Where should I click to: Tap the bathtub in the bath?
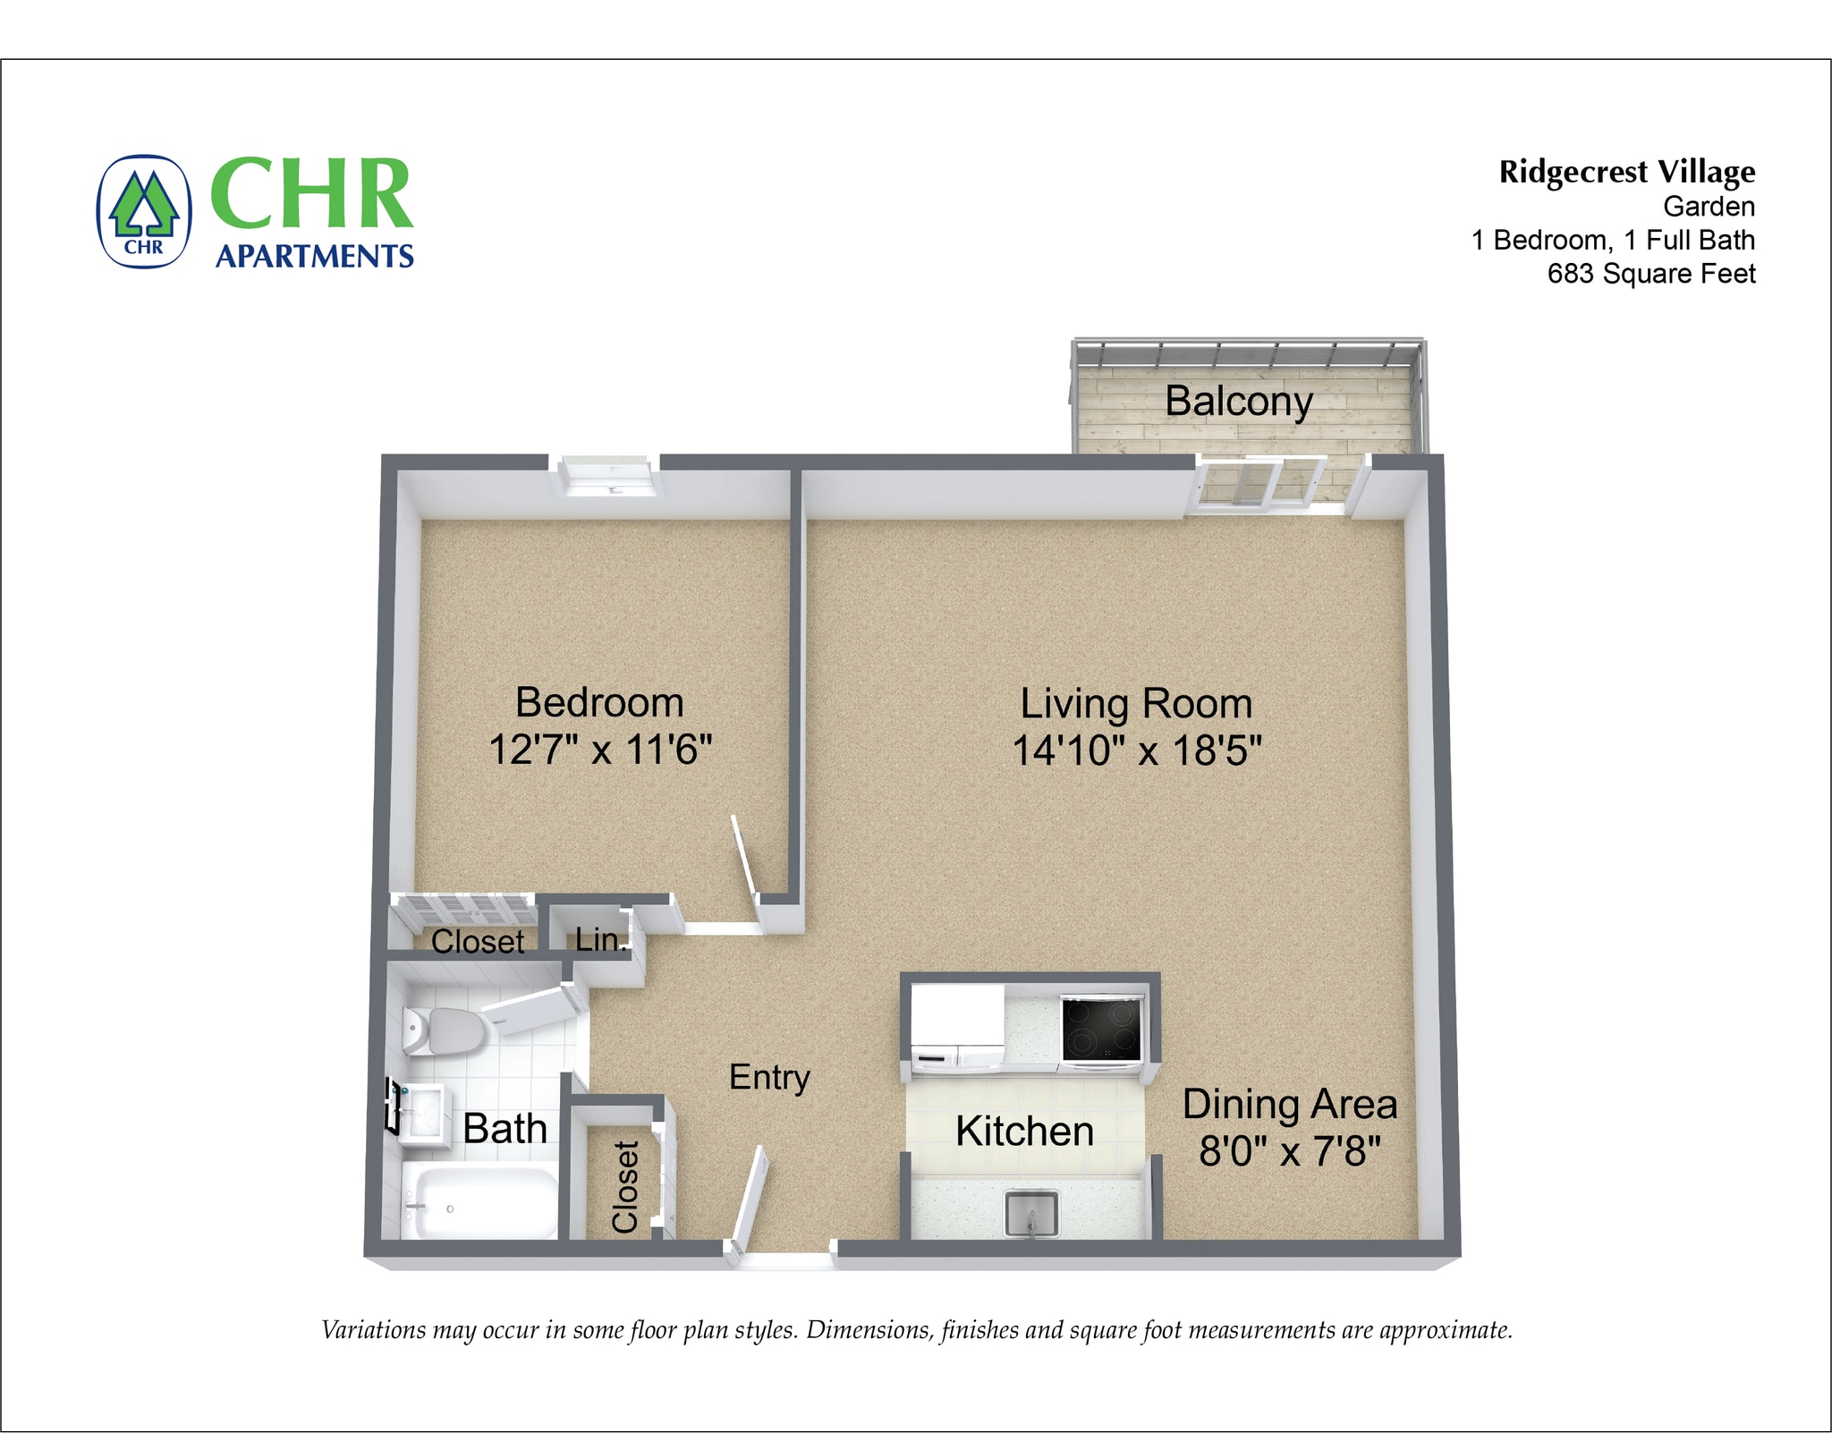click(479, 1204)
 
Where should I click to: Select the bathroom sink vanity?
click(421, 1115)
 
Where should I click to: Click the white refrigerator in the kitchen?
click(956, 1029)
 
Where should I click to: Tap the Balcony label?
click(1238, 401)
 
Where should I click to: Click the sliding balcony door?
click(1256, 484)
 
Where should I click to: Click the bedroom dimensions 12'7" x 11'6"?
click(600, 750)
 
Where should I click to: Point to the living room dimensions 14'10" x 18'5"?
click(1136, 750)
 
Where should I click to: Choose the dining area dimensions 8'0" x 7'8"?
click(1290, 1150)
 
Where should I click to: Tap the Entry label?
click(769, 1078)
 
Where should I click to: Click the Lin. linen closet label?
click(598, 939)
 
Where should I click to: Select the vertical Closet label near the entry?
click(625, 1186)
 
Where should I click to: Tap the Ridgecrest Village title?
click(1626, 172)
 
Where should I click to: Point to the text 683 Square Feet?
click(1651, 274)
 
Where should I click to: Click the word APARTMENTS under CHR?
click(315, 257)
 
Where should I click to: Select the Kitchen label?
click(1024, 1132)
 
